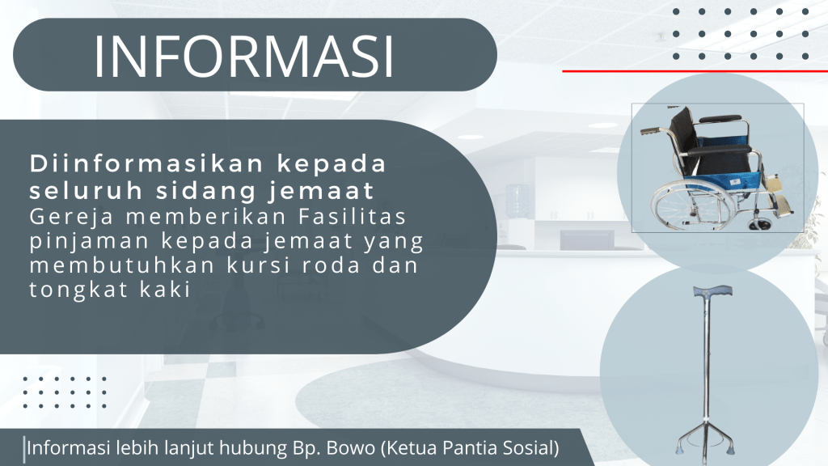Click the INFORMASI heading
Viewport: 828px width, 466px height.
[x=244, y=57]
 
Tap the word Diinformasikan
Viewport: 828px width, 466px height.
[x=146, y=163]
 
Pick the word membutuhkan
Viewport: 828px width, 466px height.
[x=122, y=265]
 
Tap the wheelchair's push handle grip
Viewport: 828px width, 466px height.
[x=650, y=130]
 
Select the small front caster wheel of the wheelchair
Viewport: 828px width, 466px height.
[x=758, y=225]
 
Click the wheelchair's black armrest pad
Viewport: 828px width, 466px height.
[x=721, y=150]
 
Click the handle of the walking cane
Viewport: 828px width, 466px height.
[x=712, y=290]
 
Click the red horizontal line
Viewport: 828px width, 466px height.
[x=695, y=71]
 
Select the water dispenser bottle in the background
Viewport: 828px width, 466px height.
[x=517, y=201]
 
